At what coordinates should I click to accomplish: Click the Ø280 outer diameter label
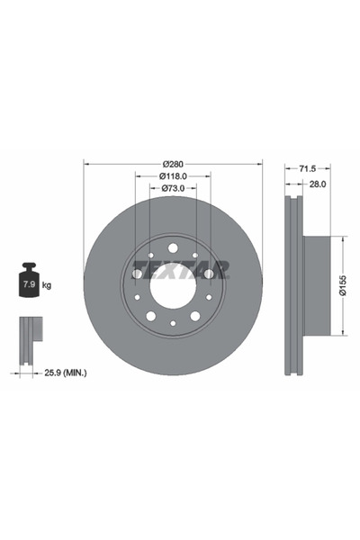click(x=173, y=163)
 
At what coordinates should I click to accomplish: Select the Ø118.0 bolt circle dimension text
click(x=173, y=176)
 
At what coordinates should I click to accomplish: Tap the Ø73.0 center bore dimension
click(x=173, y=189)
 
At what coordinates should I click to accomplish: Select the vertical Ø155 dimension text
click(x=343, y=285)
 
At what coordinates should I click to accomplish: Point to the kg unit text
click(x=47, y=285)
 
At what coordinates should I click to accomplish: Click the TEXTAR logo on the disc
click(x=180, y=268)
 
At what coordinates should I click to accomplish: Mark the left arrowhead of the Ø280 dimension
click(x=86, y=164)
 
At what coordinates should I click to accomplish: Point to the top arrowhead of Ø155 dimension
click(x=343, y=238)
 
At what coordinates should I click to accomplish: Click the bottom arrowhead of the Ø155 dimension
click(x=343, y=333)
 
